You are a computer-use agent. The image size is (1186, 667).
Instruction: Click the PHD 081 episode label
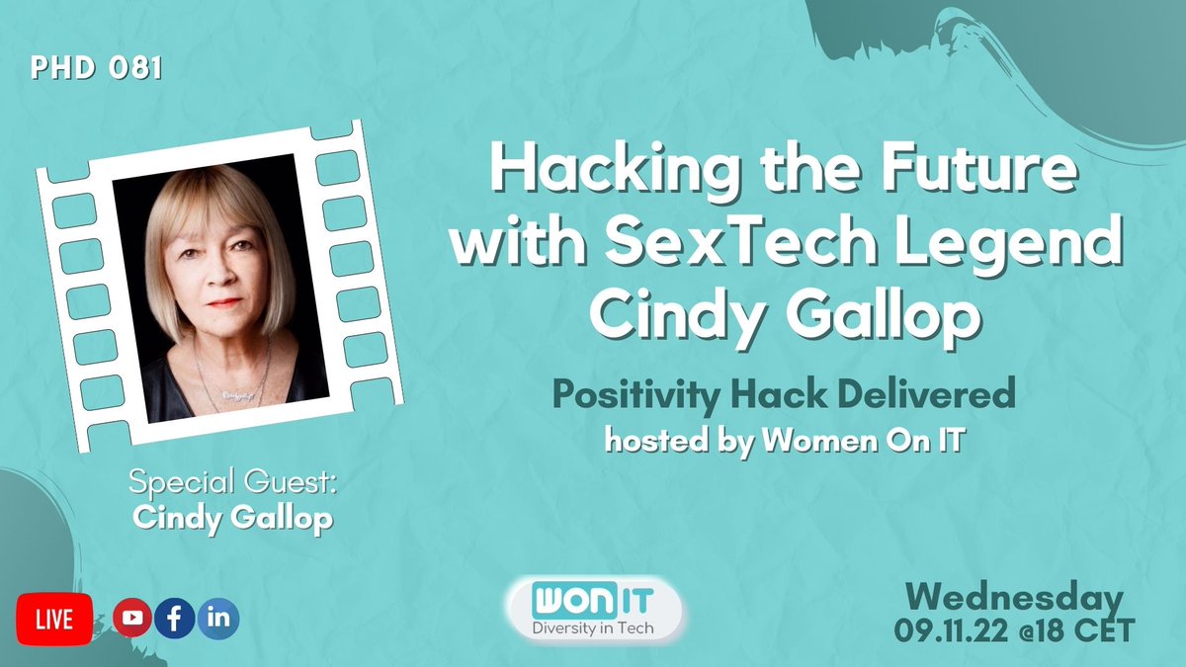coord(96,70)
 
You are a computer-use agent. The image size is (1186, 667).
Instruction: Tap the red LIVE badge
coord(54,620)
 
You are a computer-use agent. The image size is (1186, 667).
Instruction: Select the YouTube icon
coord(132,619)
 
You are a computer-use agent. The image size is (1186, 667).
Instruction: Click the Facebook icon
coord(175,619)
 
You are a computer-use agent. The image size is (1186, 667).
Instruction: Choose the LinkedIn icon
coord(217,619)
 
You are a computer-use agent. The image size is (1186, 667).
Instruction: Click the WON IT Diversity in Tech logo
coord(593,609)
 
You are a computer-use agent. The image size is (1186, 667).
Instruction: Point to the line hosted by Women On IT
coord(784,441)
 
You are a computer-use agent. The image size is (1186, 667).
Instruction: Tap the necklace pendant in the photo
coord(231,392)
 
